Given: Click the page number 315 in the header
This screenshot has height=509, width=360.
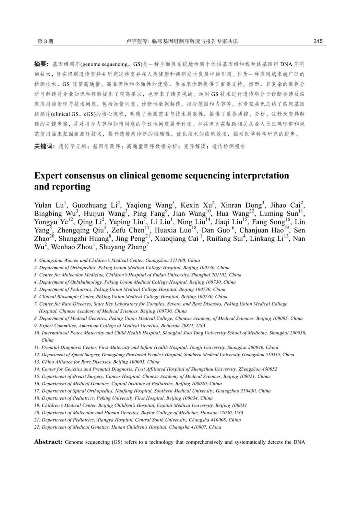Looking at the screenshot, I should pos(318,41).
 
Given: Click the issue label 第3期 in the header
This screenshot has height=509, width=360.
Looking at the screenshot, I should pos(45,41).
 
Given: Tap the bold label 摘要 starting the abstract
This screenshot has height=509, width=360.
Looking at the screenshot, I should pos(41,64).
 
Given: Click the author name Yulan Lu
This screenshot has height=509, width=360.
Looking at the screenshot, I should pos(49,206).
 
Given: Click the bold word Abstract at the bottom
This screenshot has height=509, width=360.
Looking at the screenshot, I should pos(48,442).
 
